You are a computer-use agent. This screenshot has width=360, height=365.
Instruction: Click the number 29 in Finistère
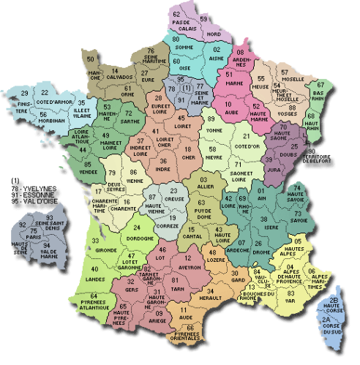click(24, 94)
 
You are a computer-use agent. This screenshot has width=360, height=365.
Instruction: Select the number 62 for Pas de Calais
click(177, 14)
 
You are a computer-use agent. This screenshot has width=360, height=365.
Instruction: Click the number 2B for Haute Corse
click(333, 300)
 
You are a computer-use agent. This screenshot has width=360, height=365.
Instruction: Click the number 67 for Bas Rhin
click(320, 86)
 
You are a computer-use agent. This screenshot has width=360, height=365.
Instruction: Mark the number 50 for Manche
click(91, 59)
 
